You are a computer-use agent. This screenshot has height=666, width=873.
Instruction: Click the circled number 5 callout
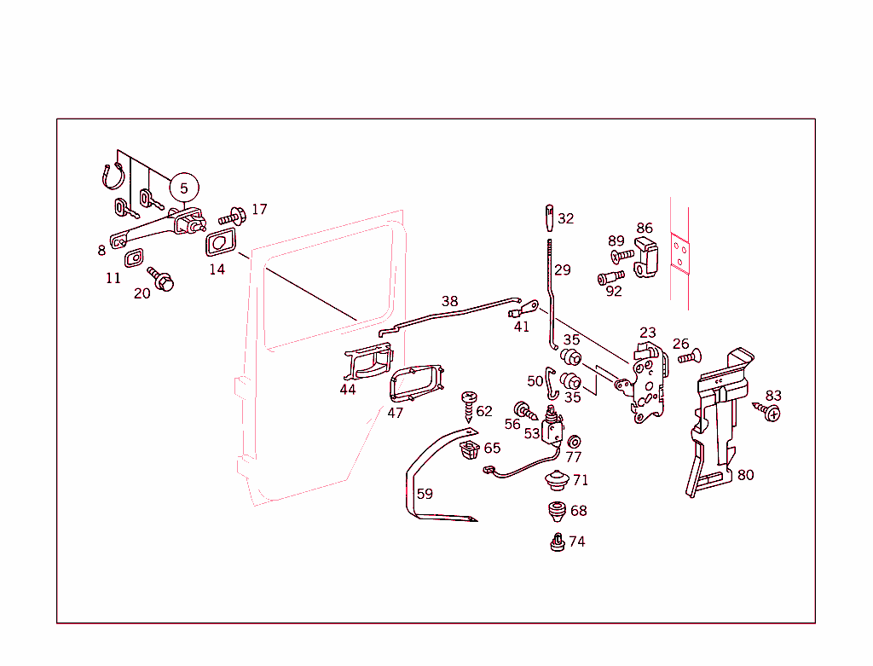183,187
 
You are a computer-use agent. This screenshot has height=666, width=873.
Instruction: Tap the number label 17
259,209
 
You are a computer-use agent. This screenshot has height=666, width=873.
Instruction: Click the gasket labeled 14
220,242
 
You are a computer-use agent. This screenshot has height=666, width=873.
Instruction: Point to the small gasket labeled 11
135,257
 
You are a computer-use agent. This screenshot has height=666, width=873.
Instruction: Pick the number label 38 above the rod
449,301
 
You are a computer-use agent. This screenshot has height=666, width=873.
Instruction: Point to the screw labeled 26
688,356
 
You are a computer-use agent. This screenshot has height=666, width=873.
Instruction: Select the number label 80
745,475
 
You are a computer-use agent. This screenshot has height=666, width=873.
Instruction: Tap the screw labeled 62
468,405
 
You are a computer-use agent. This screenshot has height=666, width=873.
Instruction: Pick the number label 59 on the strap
425,494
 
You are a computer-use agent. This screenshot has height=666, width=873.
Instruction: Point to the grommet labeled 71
557,481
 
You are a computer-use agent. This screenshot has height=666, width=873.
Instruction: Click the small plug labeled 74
557,542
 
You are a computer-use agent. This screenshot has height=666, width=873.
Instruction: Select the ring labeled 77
574,441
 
